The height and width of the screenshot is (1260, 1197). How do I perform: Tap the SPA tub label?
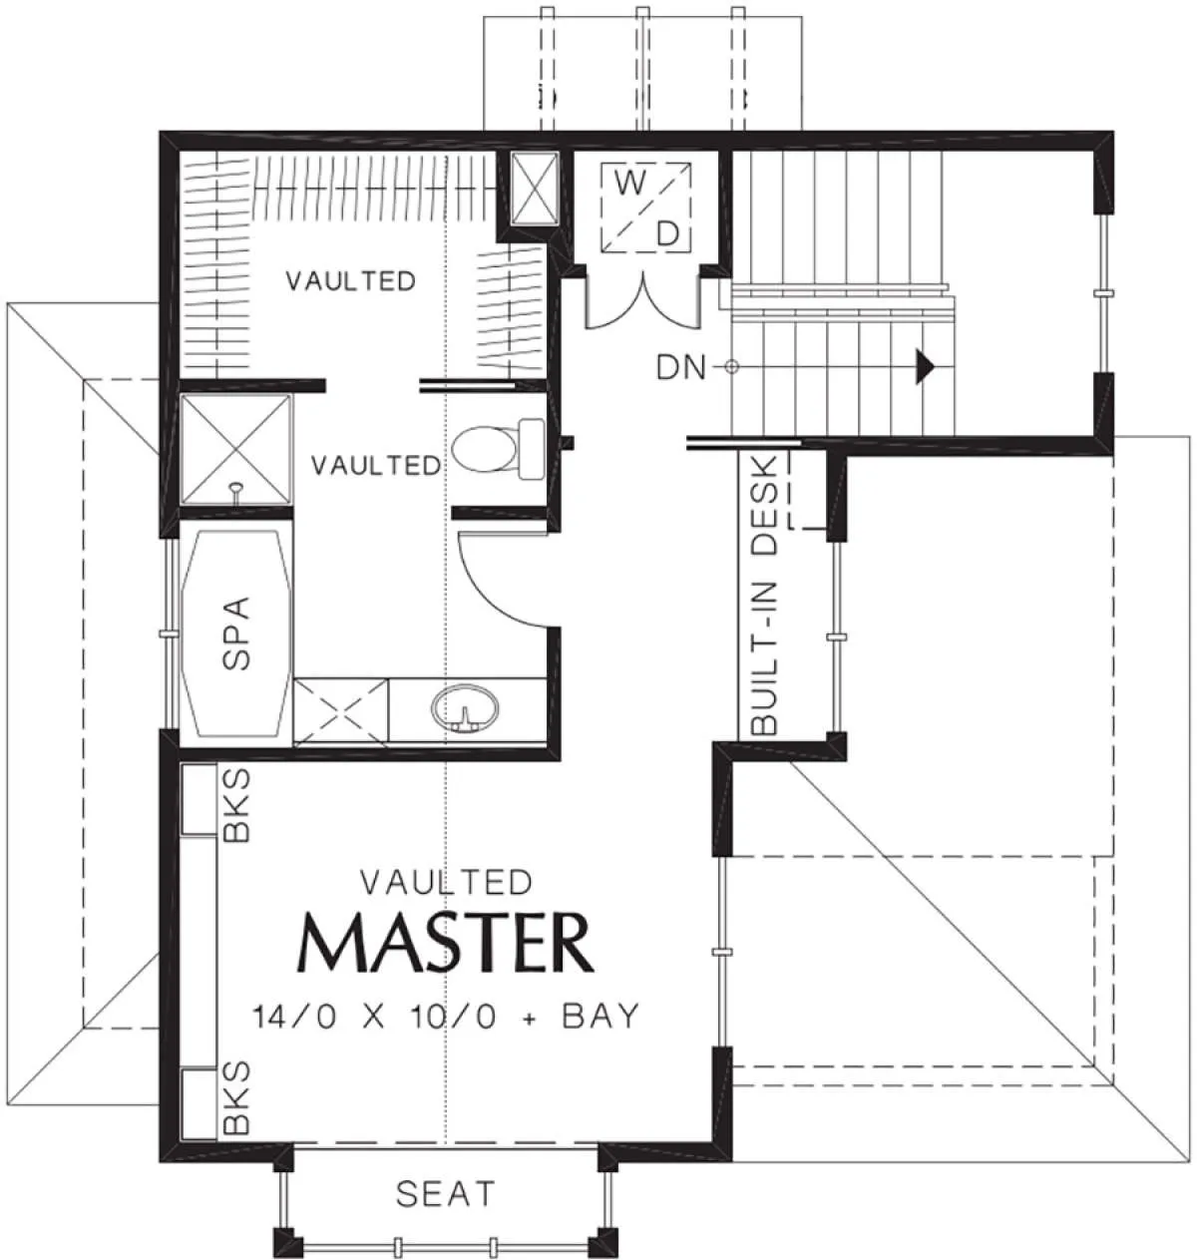236,633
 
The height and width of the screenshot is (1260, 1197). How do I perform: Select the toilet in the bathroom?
498,449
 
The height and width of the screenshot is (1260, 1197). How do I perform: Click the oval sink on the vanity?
465,710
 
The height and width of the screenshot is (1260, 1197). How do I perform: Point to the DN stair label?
681,368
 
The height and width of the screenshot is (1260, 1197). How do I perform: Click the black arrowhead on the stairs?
924,366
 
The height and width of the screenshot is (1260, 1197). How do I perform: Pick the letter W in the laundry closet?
630,185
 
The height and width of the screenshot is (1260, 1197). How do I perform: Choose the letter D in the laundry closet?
667,234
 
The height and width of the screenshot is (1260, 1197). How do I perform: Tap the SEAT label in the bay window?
445,1193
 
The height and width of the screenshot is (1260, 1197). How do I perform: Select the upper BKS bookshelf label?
236,804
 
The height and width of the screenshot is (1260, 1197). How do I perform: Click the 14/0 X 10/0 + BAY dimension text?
446,1016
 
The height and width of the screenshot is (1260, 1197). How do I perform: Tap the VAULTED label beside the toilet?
376,465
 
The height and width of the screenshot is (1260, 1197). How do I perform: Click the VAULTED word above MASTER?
446,883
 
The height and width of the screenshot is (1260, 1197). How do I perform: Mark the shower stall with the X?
235,449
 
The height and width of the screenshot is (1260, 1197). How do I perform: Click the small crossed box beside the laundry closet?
534,190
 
